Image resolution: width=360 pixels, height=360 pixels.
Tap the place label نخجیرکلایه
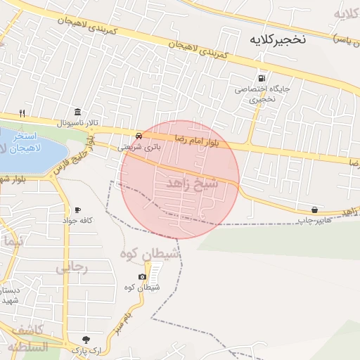point(279,40)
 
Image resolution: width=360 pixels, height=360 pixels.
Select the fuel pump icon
point(262,78)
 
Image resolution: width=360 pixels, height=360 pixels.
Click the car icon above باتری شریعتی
point(139,135)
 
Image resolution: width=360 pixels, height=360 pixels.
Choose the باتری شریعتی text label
point(139,147)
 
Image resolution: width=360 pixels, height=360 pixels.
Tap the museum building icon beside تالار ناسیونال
point(77,112)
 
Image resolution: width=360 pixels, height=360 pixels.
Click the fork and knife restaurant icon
point(22,113)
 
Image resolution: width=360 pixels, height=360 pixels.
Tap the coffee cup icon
point(77,210)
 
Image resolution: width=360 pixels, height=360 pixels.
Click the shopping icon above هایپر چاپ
point(314,210)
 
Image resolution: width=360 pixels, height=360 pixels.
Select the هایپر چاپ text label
point(314,221)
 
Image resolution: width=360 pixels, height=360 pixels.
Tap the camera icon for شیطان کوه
point(142,276)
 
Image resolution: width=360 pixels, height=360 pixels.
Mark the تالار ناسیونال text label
point(78,123)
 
